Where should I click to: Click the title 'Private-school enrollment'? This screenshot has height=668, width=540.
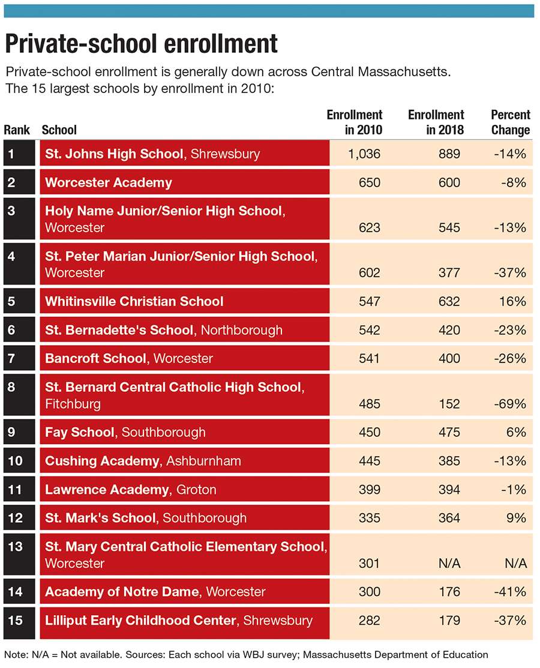(142, 44)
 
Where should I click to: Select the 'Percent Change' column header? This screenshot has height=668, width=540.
(510, 122)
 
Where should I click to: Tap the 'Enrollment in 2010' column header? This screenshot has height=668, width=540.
(355, 122)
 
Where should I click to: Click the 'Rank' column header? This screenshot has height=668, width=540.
(17, 130)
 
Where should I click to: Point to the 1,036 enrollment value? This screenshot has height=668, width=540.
(364, 154)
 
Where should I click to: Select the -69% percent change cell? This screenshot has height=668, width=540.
(510, 404)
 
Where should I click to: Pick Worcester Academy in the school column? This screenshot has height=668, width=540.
(109, 182)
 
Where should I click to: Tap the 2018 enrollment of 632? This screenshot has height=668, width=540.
(449, 302)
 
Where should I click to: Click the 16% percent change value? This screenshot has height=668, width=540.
(513, 302)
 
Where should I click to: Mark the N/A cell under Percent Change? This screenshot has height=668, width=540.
(516, 563)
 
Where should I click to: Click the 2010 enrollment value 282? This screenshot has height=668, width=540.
(369, 621)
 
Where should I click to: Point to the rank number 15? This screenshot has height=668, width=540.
(16, 621)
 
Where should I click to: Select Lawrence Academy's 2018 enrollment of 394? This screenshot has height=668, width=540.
(449, 490)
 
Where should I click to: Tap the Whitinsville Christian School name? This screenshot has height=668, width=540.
(134, 302)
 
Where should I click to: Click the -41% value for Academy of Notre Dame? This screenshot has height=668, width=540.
(510, 592)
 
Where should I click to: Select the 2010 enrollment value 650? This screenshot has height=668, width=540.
(369, 182)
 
